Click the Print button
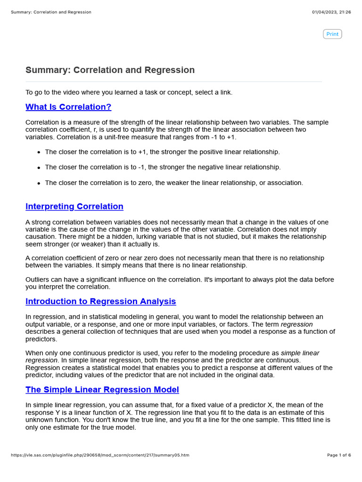(332, 34)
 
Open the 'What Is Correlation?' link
(68, 107)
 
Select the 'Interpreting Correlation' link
(74, 207)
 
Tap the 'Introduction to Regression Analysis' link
(100, 301)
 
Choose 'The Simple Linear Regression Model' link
(102, 390)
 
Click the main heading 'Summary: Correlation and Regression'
(110, 70)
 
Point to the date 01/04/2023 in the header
(325, 12)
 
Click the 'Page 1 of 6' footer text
(339, 455)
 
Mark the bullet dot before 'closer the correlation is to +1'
(38, 153)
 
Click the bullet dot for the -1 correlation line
(38, 168)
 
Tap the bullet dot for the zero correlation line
(38, 183)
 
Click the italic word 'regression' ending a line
(296, 324)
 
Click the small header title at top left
(51, 12)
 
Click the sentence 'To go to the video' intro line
(129, 92)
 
